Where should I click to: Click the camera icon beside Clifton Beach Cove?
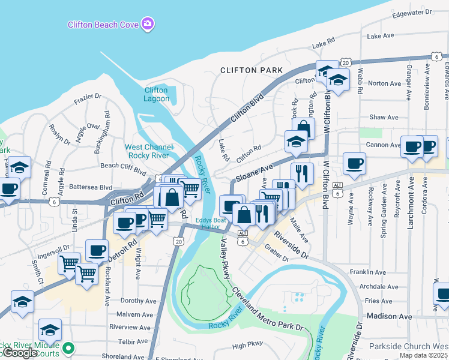148,24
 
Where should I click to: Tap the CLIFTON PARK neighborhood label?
251,70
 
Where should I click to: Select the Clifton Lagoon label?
156,94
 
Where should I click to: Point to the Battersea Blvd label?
91,187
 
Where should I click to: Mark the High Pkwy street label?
247,346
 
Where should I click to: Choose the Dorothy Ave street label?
138,301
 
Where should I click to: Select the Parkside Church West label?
408,346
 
